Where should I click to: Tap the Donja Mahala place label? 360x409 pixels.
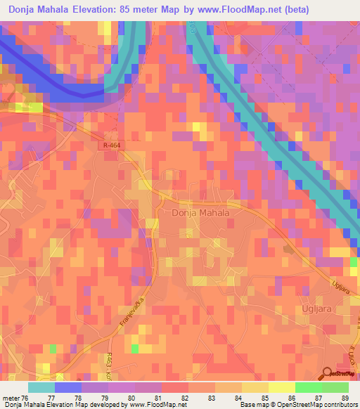201,211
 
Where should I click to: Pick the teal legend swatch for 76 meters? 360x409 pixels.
41,387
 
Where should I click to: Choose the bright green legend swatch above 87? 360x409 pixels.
309,387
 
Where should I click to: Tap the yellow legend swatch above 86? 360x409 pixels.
282,387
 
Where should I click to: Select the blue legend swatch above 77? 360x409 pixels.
68,387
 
